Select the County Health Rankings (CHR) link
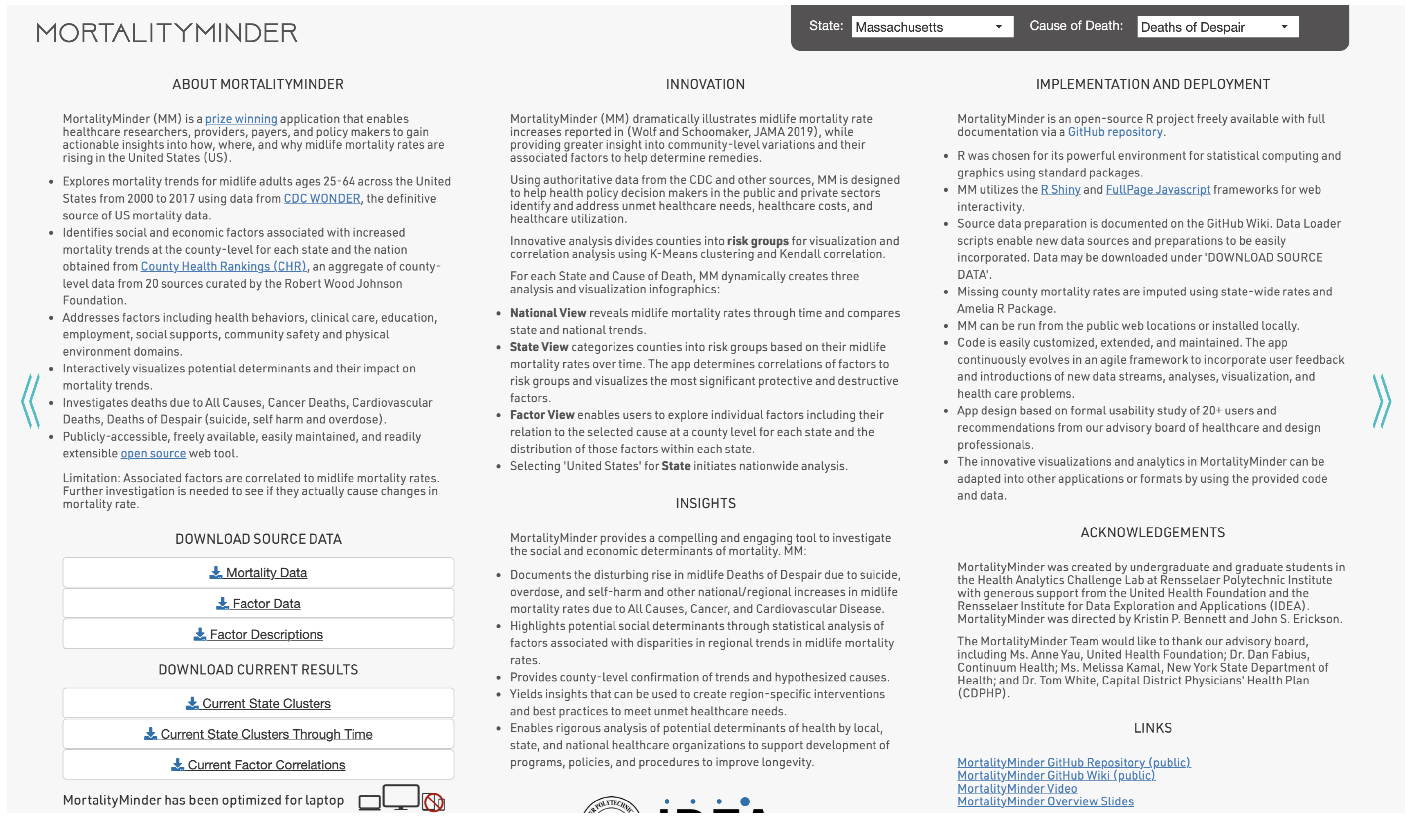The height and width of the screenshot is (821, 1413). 223,266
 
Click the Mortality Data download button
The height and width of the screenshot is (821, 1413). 258,572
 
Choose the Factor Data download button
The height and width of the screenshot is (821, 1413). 258,604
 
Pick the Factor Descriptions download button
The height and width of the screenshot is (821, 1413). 258,634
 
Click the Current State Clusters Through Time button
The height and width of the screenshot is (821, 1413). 258,734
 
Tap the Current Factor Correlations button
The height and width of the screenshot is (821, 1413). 258,765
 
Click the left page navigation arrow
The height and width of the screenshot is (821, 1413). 31,402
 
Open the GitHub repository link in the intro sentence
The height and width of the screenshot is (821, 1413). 1115,132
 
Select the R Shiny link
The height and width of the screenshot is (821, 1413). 1060,189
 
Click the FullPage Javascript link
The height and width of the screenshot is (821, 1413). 1158,189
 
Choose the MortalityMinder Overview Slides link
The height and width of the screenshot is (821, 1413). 1045,801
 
